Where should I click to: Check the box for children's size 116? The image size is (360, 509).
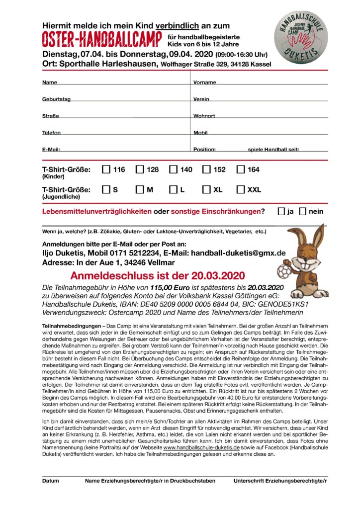point(106,170)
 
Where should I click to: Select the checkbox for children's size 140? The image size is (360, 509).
point(173,170)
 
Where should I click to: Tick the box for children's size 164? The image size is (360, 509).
point(241,170)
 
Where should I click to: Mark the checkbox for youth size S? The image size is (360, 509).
point(106,189)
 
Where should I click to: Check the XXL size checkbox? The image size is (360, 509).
point(241,189)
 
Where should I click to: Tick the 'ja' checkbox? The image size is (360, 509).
point(281,211)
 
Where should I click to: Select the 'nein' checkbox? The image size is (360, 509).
point(303,211)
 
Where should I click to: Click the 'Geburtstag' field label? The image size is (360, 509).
point(56,99)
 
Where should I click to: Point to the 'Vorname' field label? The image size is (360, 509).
point(204,83)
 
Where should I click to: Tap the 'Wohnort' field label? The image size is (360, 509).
point(204,116)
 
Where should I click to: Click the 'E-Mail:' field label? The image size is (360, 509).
point(51,150)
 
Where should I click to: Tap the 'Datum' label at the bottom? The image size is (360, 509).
point(50,481)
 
